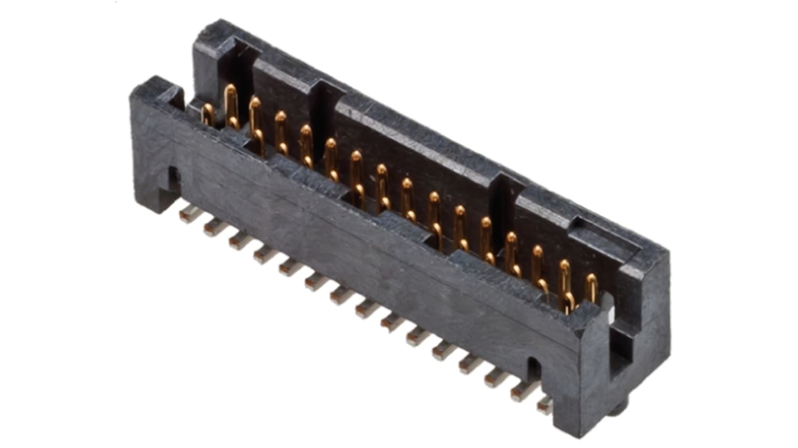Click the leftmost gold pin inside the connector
[x=207, y=115]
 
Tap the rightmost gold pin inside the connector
[x=591, y=287]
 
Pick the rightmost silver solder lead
[x=544, y=405]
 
